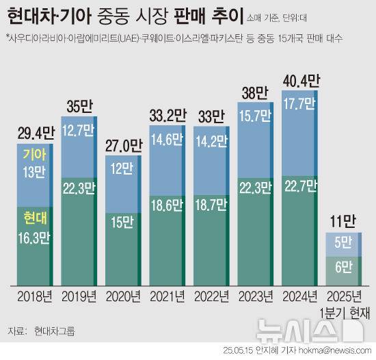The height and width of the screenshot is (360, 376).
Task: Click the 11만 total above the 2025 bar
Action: coord(342,220)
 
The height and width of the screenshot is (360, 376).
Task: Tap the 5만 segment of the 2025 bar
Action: coord(342,242)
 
